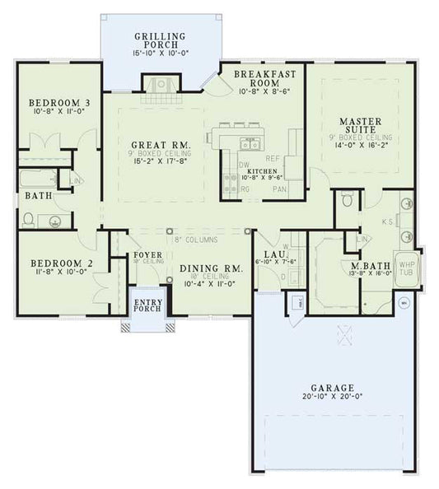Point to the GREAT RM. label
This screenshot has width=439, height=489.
161,145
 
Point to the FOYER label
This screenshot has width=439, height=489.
147,256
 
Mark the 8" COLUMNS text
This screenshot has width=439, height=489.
195,240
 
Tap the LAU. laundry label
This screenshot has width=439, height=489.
273,256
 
